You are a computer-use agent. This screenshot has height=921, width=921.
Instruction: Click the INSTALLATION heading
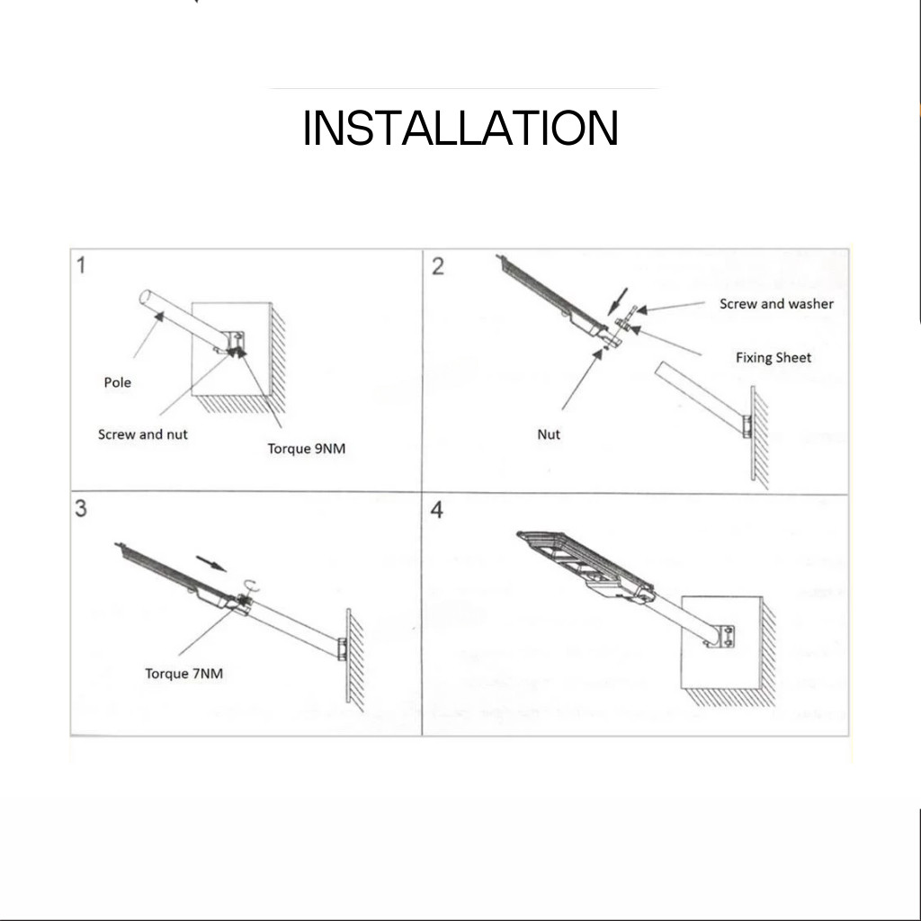click(460, 128)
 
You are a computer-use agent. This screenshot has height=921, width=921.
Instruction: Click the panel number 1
click(81, 265)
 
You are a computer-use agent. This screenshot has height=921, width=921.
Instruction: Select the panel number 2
click(438, 266)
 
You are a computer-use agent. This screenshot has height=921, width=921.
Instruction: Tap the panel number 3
click(81, 509)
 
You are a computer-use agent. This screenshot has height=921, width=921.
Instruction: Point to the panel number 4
click(437, 510)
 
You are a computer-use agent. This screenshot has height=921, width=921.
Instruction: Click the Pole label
click(118, 382)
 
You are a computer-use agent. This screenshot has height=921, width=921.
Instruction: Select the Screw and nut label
click(143, 434)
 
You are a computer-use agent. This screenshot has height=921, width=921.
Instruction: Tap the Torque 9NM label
click(307, 450)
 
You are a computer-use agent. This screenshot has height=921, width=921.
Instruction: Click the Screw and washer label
click(776, 304)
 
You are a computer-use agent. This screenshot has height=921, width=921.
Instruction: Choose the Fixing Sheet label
click(773, 358)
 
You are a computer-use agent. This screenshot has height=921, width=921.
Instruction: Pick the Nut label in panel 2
click(549, 434)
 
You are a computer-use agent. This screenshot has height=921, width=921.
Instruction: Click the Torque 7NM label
click(183, 674)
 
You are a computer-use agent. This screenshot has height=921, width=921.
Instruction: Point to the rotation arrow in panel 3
click(252, 585)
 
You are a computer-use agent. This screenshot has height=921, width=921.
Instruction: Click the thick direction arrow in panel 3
click(210, 563)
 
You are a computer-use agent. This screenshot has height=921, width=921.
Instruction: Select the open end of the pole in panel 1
click(145, 297)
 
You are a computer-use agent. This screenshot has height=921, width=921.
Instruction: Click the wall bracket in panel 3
click(342, 649)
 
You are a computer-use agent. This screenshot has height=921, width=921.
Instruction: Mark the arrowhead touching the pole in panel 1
click(158, 317)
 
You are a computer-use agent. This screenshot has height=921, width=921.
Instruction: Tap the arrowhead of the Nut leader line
click(598, 353)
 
